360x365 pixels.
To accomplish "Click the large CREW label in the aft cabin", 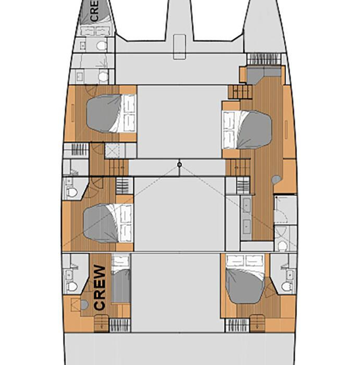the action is click(100, 287).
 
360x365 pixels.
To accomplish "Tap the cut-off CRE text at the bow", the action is click(94, 10).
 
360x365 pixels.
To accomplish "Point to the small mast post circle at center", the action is click(179, 165).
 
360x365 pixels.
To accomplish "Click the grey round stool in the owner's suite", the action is click(276, 179).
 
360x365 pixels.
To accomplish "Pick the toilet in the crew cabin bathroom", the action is click(72, 286).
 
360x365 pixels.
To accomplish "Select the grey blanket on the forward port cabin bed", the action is click(104, 113).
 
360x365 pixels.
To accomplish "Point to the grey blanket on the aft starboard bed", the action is click(245, 286).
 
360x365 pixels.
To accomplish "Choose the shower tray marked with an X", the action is click(112, 151).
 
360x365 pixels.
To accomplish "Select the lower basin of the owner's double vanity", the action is click(246, 226).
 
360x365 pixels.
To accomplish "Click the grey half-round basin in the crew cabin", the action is click(84, 305).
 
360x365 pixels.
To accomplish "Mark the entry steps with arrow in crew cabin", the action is click(102, 323).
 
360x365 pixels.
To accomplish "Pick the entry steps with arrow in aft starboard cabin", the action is click(257, 323).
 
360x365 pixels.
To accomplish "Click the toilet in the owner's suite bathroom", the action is click(282, 246).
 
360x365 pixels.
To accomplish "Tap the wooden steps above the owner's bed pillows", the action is click(240, 92).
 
